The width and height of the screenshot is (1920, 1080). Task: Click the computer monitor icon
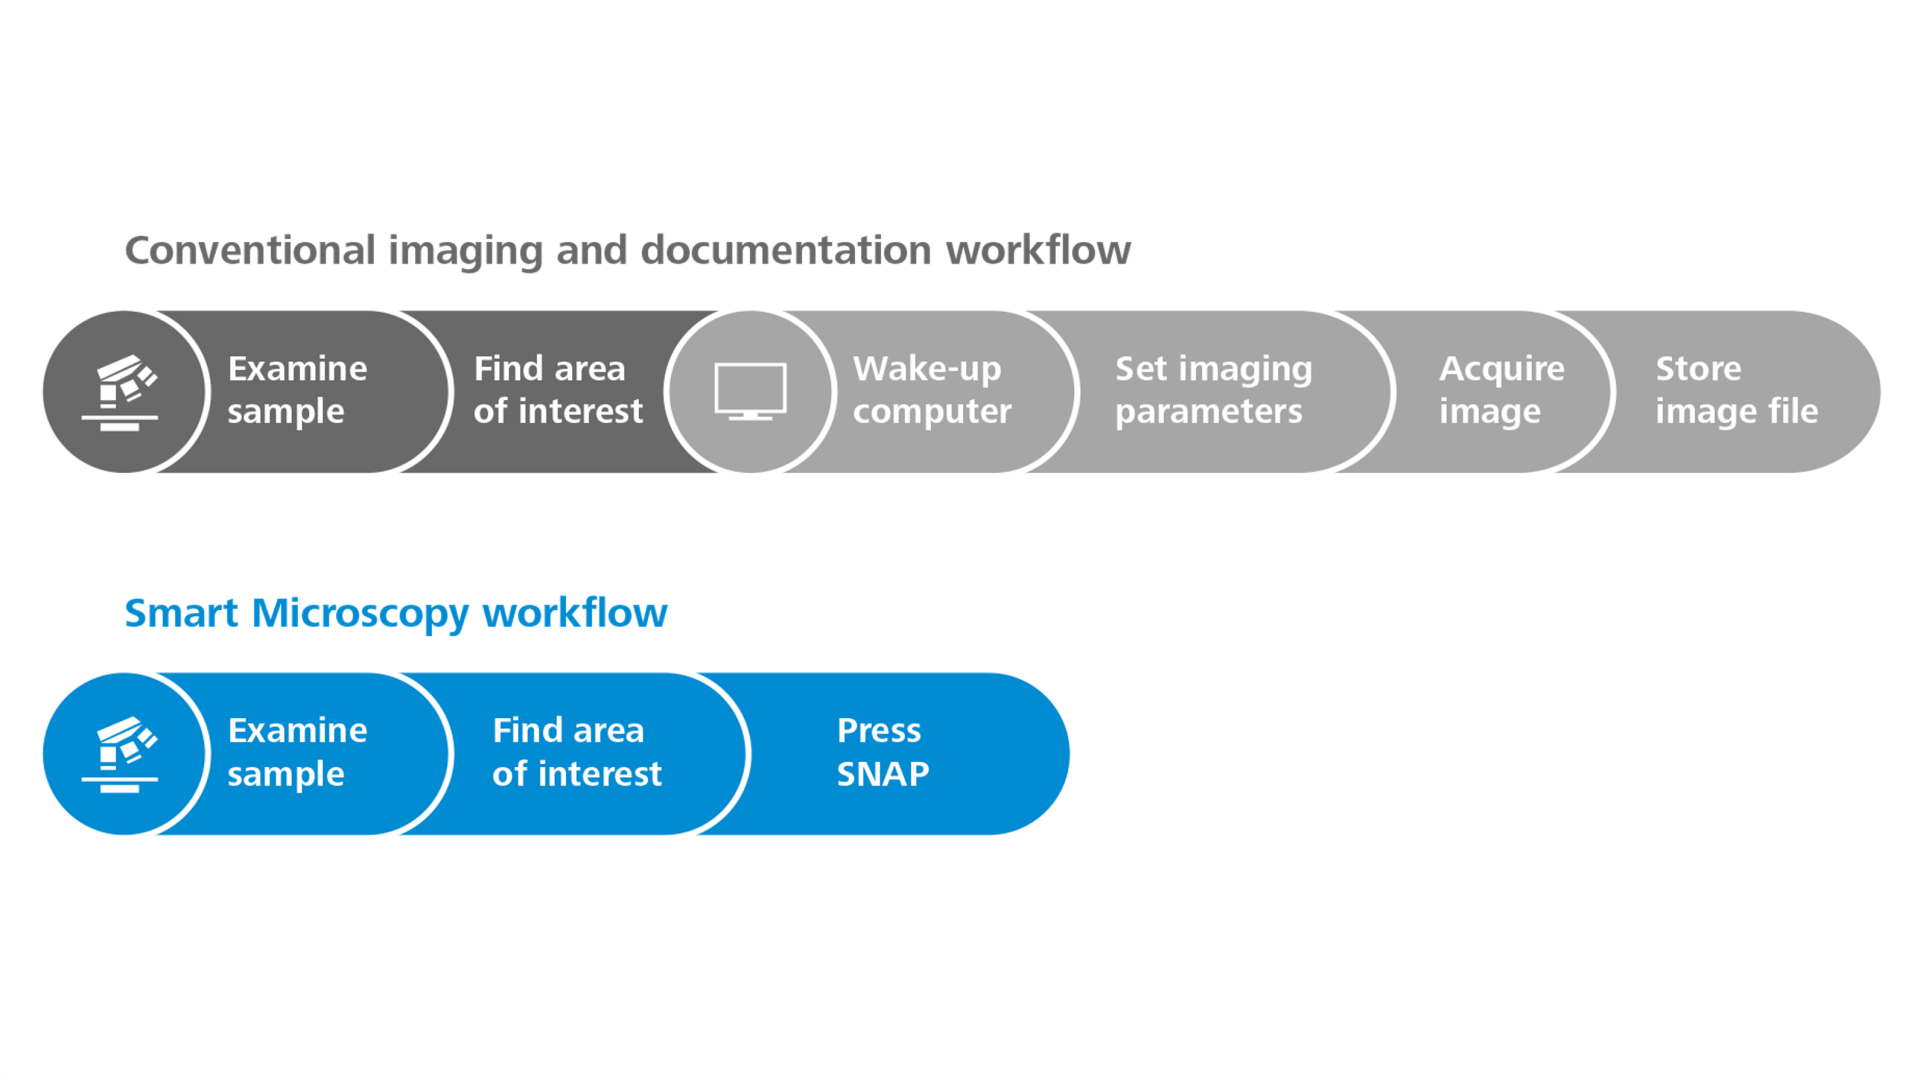pos(750,391)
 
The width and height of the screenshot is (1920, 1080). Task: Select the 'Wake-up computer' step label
pos(931,390)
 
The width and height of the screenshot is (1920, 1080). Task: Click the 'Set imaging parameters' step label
pos(1213,390)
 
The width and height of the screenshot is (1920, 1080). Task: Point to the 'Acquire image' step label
pos(1501,390)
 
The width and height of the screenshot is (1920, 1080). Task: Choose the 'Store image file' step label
pos(1736,390)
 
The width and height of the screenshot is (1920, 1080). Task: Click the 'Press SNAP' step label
pos(882,752)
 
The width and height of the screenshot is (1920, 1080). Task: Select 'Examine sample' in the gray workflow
pos(297,390)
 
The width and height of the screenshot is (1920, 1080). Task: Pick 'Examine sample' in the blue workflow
pos(297,752)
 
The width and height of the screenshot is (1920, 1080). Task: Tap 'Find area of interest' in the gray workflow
pos(557,390)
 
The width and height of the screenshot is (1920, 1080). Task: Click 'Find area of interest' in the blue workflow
pos(576,752)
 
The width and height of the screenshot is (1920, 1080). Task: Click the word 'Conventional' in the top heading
pos(250,250)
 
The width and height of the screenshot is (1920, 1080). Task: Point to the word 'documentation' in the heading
pos(786,250)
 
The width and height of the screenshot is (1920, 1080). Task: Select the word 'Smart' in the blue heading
pos(181,613)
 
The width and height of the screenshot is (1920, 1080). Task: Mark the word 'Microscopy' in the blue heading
pos(360,614)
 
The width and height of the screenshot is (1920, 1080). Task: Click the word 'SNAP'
pos(883,774)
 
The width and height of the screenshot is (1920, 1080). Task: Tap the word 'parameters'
pos(1208,412)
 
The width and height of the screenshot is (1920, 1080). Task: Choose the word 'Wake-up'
pos(927,369)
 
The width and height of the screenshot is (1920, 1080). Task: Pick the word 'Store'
pos(1698,369)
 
